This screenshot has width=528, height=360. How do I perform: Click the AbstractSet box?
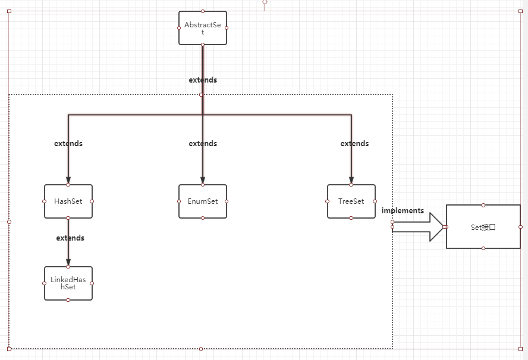click(x=203, y=28)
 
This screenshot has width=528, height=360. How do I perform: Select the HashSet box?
click(x=68, y=201)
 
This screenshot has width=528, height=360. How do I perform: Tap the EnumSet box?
click(x=203, y=201)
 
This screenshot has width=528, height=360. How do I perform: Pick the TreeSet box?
click(x=351, y=201)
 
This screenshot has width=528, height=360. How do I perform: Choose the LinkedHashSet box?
click(x=68, y=283)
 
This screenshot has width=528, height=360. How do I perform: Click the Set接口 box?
click(x=483, y=227)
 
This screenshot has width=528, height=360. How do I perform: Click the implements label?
click(x=403, y=211)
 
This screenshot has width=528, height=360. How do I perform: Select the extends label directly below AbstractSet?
click(x=203, y=80)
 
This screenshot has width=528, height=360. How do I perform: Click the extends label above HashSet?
click(x=68, y=144)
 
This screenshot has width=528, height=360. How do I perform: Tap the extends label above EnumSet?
click(x=203, y=144)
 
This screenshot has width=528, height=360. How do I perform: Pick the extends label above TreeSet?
click(x=354, y=144)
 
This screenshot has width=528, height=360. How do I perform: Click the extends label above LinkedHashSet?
click(x=70, y=238)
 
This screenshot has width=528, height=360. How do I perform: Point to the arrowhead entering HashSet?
click(x=68, y=181)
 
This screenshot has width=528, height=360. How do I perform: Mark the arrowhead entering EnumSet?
click(x=203, y=181)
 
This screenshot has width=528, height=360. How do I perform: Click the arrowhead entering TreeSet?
click(x=351, y=181)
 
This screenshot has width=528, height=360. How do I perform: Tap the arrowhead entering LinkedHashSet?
click(x=68, y=263)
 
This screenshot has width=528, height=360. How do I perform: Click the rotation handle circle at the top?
click(x=265, y=2)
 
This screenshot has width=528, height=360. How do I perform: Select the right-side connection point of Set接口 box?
click(x=520, y=227)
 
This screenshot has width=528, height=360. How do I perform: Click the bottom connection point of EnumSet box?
click(x=203, y=218)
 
